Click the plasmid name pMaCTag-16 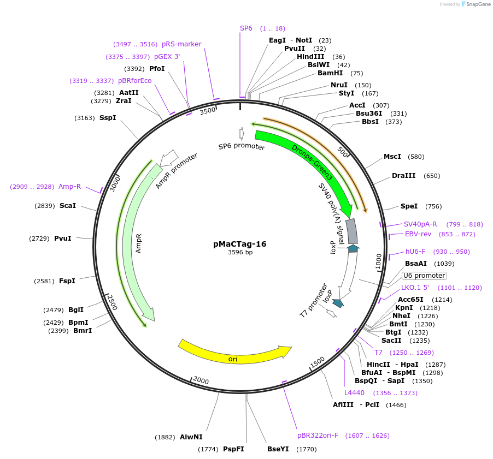tap(240, 244)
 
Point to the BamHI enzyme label tap(330, 73)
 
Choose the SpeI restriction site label tap(409, 206)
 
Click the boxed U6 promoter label tap(424, 276)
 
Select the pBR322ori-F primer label tap(318, 436)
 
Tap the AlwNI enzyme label tap(191, 437)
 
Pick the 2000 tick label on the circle tap(201, 380)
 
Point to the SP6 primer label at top tap(246, 28)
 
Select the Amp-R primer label tap(69, 187)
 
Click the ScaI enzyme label tap(68, 206)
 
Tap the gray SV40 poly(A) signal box tap(352, 231)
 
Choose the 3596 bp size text tap(240, 252)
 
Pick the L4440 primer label tap(354, 393)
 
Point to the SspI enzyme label tap(108, 118)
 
